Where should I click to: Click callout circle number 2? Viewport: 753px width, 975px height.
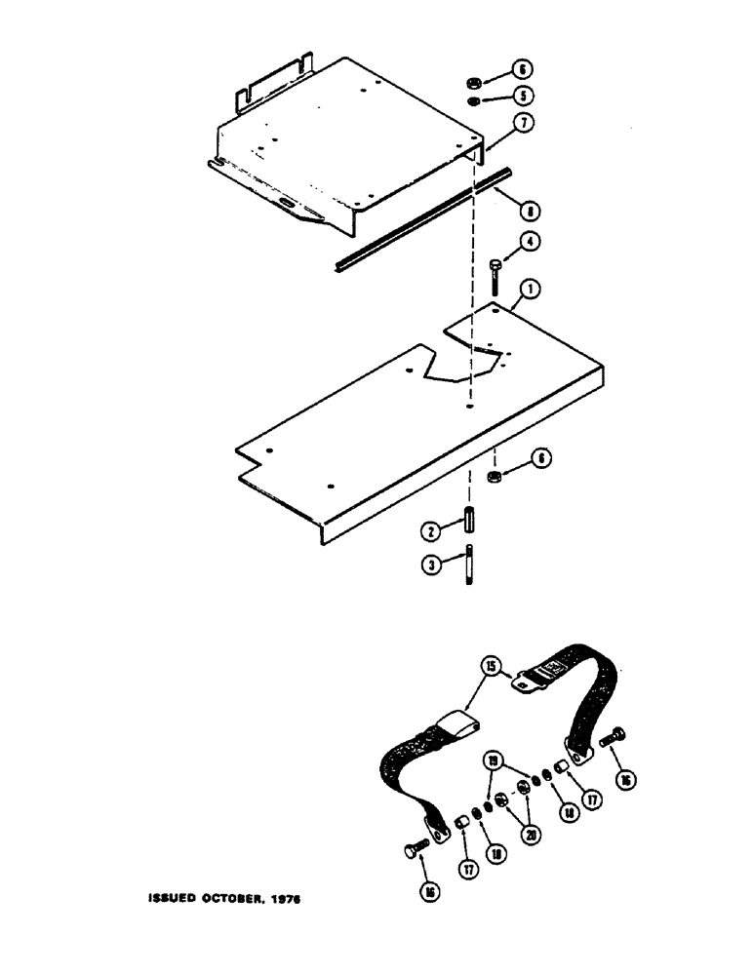(428, 530)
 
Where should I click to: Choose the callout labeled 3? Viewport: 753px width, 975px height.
(428, 563)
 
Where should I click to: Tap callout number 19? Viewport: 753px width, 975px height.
(495, 761)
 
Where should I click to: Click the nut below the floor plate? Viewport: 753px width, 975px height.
(494, 477)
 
